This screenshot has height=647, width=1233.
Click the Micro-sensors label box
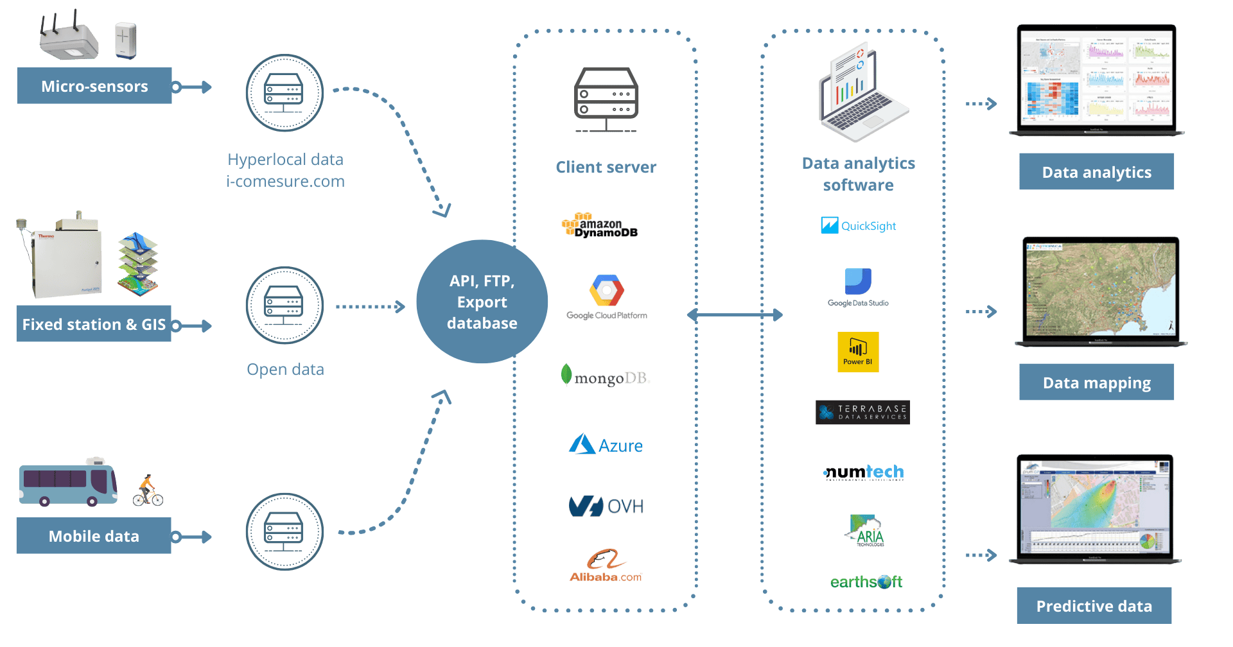coord(94,86)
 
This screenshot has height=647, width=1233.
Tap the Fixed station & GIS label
coord(94,324)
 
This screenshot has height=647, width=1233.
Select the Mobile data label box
coord(94,536)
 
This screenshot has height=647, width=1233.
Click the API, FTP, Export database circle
coord(482,302)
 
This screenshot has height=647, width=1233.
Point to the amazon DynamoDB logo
coord(600,226)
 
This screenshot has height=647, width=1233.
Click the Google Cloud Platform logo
coord(606,298)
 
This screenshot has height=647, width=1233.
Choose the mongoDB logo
coord(606,377)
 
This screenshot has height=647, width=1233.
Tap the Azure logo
coord(606,445)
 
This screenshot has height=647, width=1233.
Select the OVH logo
coord(606,506)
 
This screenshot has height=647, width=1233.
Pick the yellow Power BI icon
coord(858,352)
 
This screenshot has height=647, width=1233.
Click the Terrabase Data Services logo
coord(862,412)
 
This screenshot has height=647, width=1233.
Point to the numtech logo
coord(864,473)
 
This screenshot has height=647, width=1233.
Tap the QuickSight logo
coord(858,226)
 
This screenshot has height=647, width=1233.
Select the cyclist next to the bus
coord(148,492)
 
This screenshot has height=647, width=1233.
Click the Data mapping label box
coord(1096,383)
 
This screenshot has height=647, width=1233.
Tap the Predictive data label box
coord(1094,606)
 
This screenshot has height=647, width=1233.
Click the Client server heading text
coord(606,168)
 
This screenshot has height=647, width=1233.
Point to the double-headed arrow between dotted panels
coord(735,315)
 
